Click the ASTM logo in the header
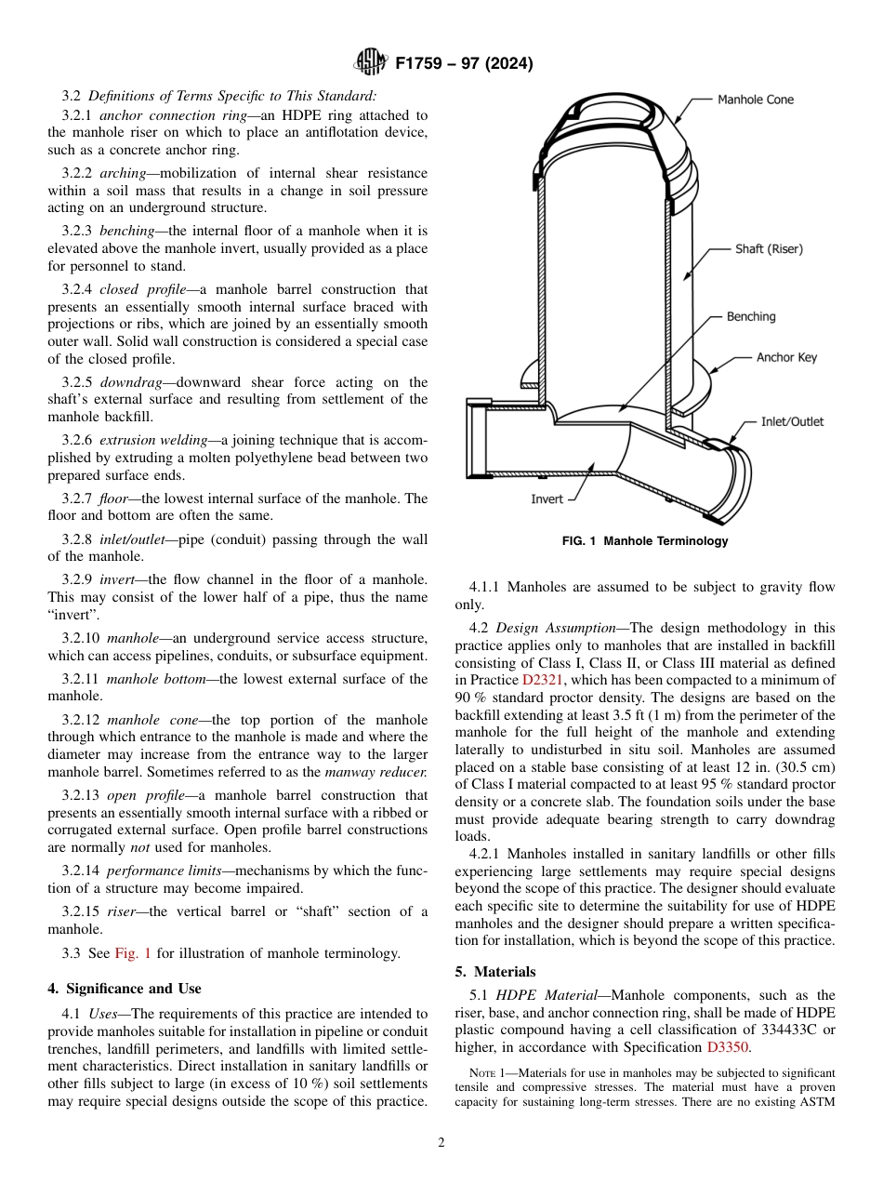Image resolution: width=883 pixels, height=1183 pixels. point(371,63)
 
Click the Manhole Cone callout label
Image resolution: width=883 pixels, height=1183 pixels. point(755,100)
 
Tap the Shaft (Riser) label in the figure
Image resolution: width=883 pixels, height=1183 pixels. point(769,249)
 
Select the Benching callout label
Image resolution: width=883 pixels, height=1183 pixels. point(750,317)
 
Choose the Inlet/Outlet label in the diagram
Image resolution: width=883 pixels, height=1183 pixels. point(792,421)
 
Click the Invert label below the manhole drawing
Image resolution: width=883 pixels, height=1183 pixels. point(547,499)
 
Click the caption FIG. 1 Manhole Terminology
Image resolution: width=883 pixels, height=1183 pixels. point(645,541)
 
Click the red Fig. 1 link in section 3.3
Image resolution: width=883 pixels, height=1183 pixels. point(130,953)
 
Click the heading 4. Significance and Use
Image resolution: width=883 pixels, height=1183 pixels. point(124,989)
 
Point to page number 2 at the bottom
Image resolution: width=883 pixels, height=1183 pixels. point(441,1143)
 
